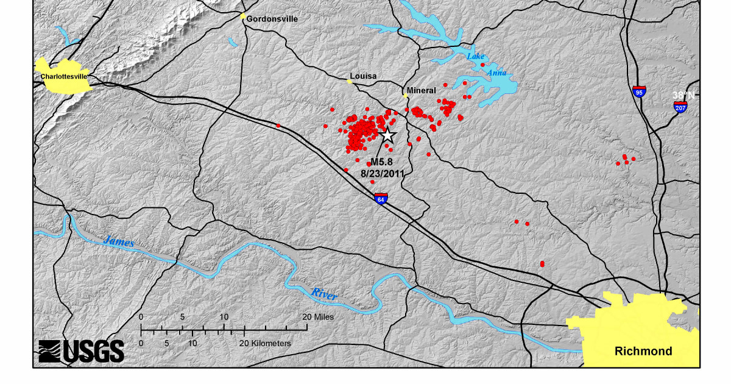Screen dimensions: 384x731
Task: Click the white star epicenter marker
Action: [x=387, y=135]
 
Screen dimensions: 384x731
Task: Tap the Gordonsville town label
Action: [x=272, y=19]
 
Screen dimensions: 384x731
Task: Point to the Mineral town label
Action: [x=422, y=90]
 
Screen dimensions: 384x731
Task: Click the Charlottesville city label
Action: [x=64, y=76]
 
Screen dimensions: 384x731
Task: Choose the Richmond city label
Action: [x=643, y=351]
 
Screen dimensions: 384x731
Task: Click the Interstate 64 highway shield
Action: [x=381, y=199]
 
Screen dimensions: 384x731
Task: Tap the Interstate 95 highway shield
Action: [x=639, y=91]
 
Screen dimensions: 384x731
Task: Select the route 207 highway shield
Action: [x=681, y=107]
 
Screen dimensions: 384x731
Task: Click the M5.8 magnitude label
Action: [x=382, y=162]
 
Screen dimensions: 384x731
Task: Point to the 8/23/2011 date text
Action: [x=383, y=173]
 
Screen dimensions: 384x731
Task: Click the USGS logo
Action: [x=82, y=351]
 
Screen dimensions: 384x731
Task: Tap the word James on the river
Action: [x=118, y=241]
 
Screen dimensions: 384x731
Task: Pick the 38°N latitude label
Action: [x=683, y=95]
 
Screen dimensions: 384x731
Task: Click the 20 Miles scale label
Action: [x=319, y=317]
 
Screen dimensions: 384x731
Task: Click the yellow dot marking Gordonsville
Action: [x=242, y=16]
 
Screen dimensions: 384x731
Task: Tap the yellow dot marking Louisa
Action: [x=350, y=81]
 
